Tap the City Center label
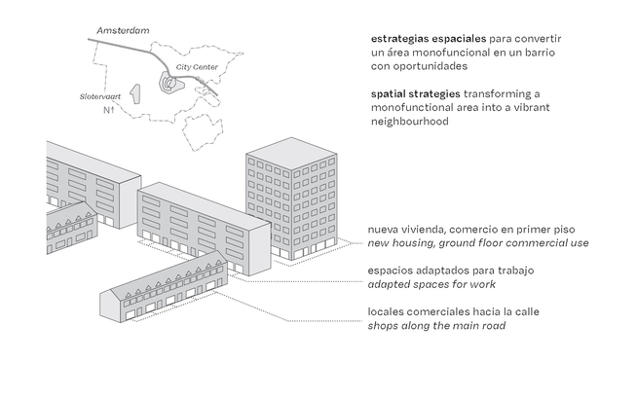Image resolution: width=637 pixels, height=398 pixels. click(x=197, y=67)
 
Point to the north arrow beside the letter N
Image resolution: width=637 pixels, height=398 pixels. click(x=113, y=111)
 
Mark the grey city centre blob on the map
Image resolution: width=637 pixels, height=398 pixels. click(x=169, y=84)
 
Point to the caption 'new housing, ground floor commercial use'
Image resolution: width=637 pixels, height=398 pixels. click(x=478, y=242)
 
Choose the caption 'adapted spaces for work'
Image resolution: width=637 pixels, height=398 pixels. click(x=431, y=284)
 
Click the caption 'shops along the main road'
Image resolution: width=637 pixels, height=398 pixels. click(x=436, y=325)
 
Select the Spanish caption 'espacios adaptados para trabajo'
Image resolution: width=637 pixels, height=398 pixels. click(x=452, y=270)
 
